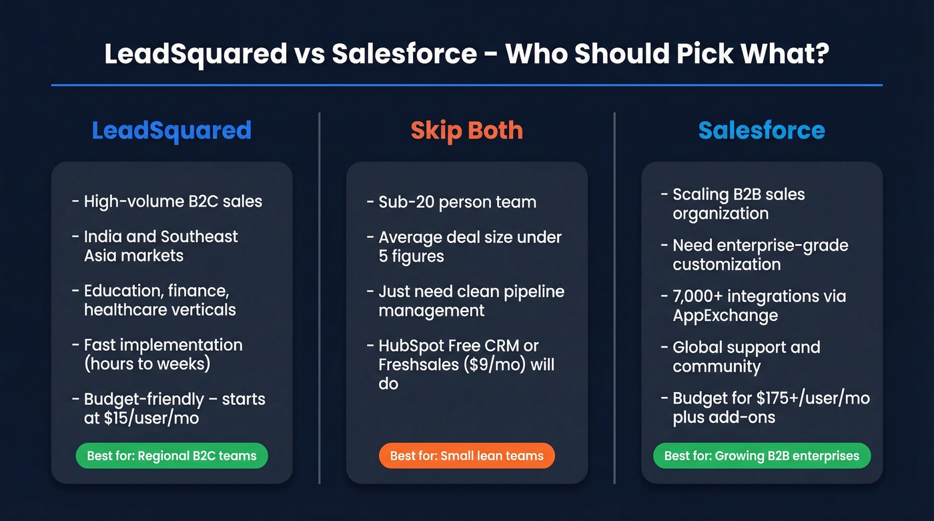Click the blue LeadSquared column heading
coord(171,130)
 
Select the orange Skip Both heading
coord(466,130)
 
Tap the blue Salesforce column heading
coord(761,130)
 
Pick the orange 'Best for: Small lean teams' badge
coord(466,456)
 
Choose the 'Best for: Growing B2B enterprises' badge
coord(761,456)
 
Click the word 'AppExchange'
coord(725,316)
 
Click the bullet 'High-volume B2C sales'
coord(173,201)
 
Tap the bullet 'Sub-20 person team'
coord(457,201)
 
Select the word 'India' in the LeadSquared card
coord(102,237)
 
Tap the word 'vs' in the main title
coord(309,54)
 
